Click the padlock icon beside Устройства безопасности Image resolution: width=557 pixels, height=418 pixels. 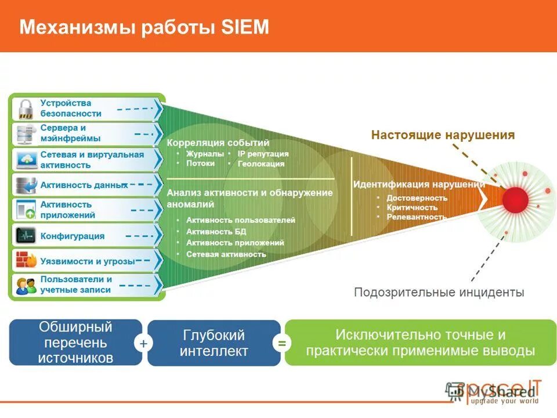pos(25,109)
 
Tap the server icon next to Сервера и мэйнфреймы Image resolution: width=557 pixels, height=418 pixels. pos(25,134)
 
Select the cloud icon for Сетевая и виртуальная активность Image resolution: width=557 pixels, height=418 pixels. pos(26,160)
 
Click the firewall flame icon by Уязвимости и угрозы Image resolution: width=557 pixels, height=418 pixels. pos(26,260)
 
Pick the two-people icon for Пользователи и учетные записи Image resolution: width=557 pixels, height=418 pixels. pos(26,285)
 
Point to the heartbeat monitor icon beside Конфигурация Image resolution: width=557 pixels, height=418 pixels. pos(26,236)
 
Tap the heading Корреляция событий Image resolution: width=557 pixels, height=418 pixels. pos(218,143)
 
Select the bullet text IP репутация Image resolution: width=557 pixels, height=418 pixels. pos(263,154)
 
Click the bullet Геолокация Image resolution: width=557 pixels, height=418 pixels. pos(261,164)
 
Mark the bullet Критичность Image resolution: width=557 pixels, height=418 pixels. pos(412,207)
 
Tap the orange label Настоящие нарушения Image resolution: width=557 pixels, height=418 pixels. pos(443,135)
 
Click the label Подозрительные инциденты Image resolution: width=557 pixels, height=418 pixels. pos(439,292)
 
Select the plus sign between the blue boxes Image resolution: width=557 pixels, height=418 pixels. pos(143,344)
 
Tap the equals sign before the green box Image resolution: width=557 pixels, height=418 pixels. pos(282,344)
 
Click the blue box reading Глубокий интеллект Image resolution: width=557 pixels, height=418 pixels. pos(214,343)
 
